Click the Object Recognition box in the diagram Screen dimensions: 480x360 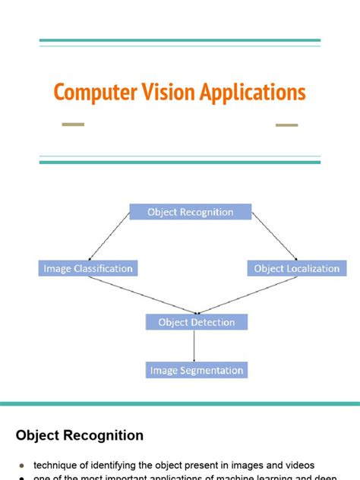click(190, 212)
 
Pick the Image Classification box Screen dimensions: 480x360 click(88, 268)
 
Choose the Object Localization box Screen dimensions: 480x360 click(297, 268)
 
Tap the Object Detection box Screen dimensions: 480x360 click(197, 322)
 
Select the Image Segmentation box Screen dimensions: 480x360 click(197, 371)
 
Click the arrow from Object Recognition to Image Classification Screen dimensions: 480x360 click(110, 236)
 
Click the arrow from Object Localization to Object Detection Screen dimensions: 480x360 click(247, 295)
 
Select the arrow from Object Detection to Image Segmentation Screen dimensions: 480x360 click(196, 346)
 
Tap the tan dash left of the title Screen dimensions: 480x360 click(73, 125)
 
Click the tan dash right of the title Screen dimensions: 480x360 click(286, 125)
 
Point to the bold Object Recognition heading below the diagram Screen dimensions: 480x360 click(80, 435)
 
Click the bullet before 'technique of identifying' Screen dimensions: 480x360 click(21, 465)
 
